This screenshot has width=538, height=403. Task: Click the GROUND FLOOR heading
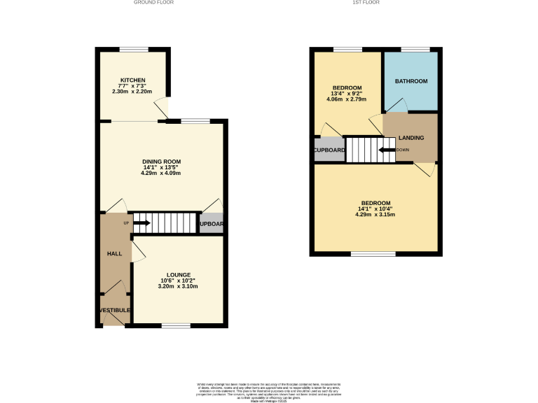153,3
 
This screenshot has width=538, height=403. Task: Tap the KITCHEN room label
132,80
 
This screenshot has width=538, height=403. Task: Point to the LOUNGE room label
179,275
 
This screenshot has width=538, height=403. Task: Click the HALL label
114,253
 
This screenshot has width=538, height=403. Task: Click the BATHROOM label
411,81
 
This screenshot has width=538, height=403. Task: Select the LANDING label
411,138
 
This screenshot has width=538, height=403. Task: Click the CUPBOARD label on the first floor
329,150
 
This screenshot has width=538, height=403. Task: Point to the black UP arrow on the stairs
141,223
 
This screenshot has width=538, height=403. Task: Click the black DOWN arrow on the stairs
385,150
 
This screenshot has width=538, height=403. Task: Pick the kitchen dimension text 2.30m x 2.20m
132,92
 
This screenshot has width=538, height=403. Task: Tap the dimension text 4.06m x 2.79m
347,99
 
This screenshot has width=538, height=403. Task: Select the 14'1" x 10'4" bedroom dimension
375,208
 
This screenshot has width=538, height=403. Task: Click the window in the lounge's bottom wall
176,325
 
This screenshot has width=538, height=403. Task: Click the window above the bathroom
415,49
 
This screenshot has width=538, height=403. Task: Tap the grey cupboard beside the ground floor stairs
212,223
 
